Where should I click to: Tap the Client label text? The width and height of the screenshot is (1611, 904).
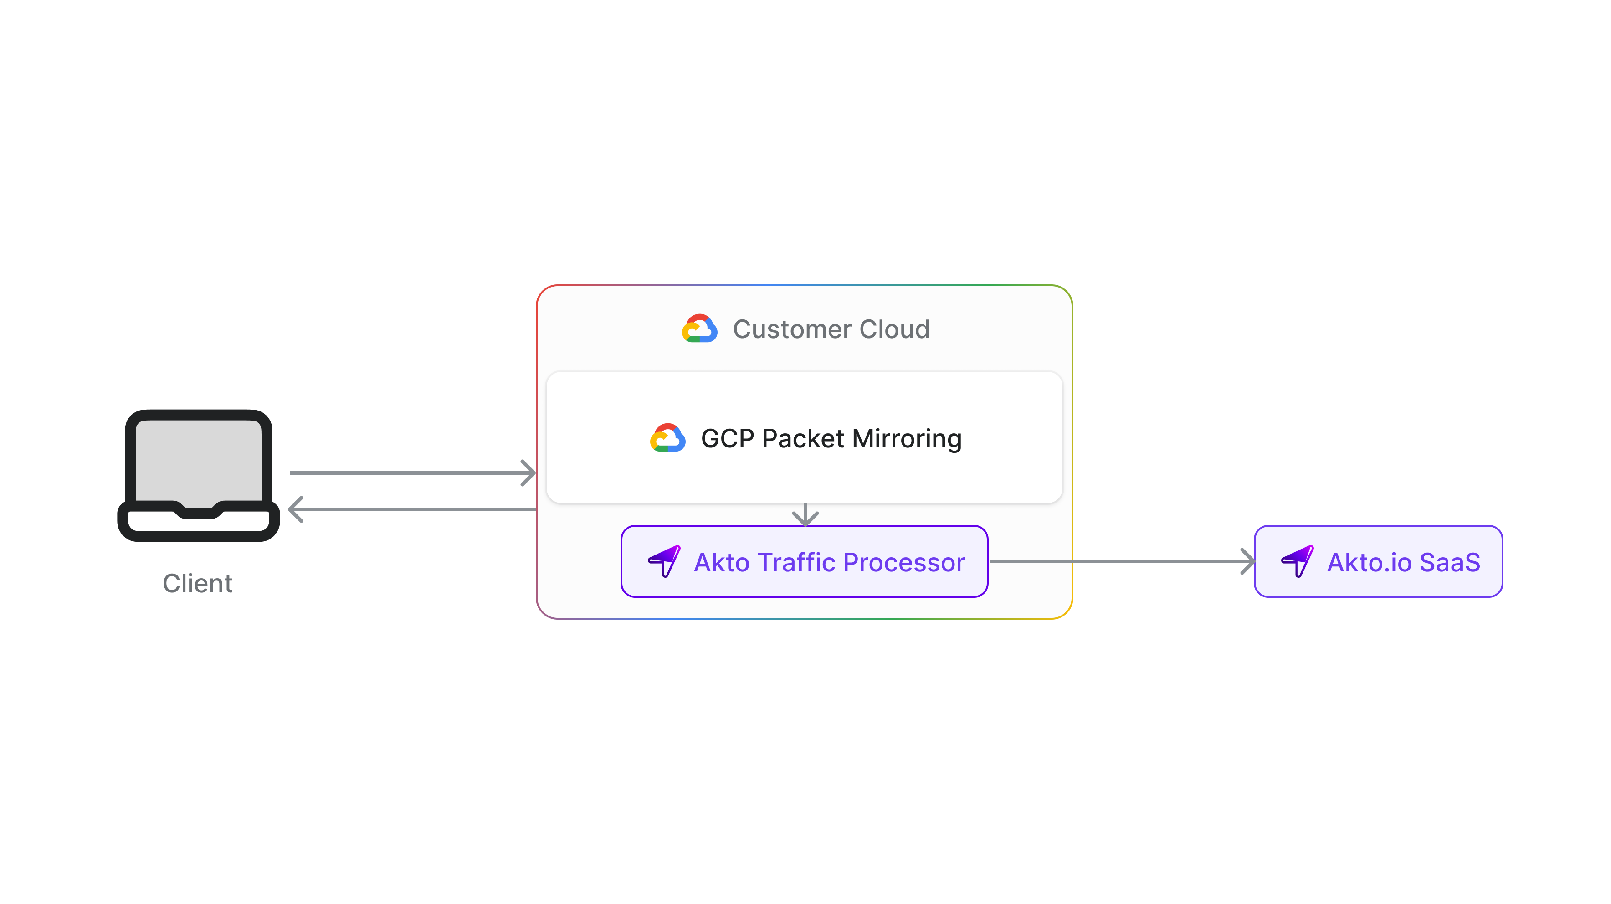pyautogui.click(x=198, y=584)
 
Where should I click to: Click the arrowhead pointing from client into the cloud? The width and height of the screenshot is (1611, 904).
pyautogui.click(x=529, y=473)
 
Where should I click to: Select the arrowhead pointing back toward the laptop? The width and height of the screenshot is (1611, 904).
pyautogui.click(x=296, y=509)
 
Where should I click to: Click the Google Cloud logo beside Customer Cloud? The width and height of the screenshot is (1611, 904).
pyautogui.click(x=699, y=329)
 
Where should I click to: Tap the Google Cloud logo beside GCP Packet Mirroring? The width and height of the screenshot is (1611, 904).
pyautogui.click(x=667, y=438)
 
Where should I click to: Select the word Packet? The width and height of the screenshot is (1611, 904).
pyautogui.click(x=803, y=438)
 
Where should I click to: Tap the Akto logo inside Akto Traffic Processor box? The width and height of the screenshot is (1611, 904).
pyautogui.click(x=664, y=561)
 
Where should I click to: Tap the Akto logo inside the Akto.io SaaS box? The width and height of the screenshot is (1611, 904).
pyautogui.click(x=1297, y=561)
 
